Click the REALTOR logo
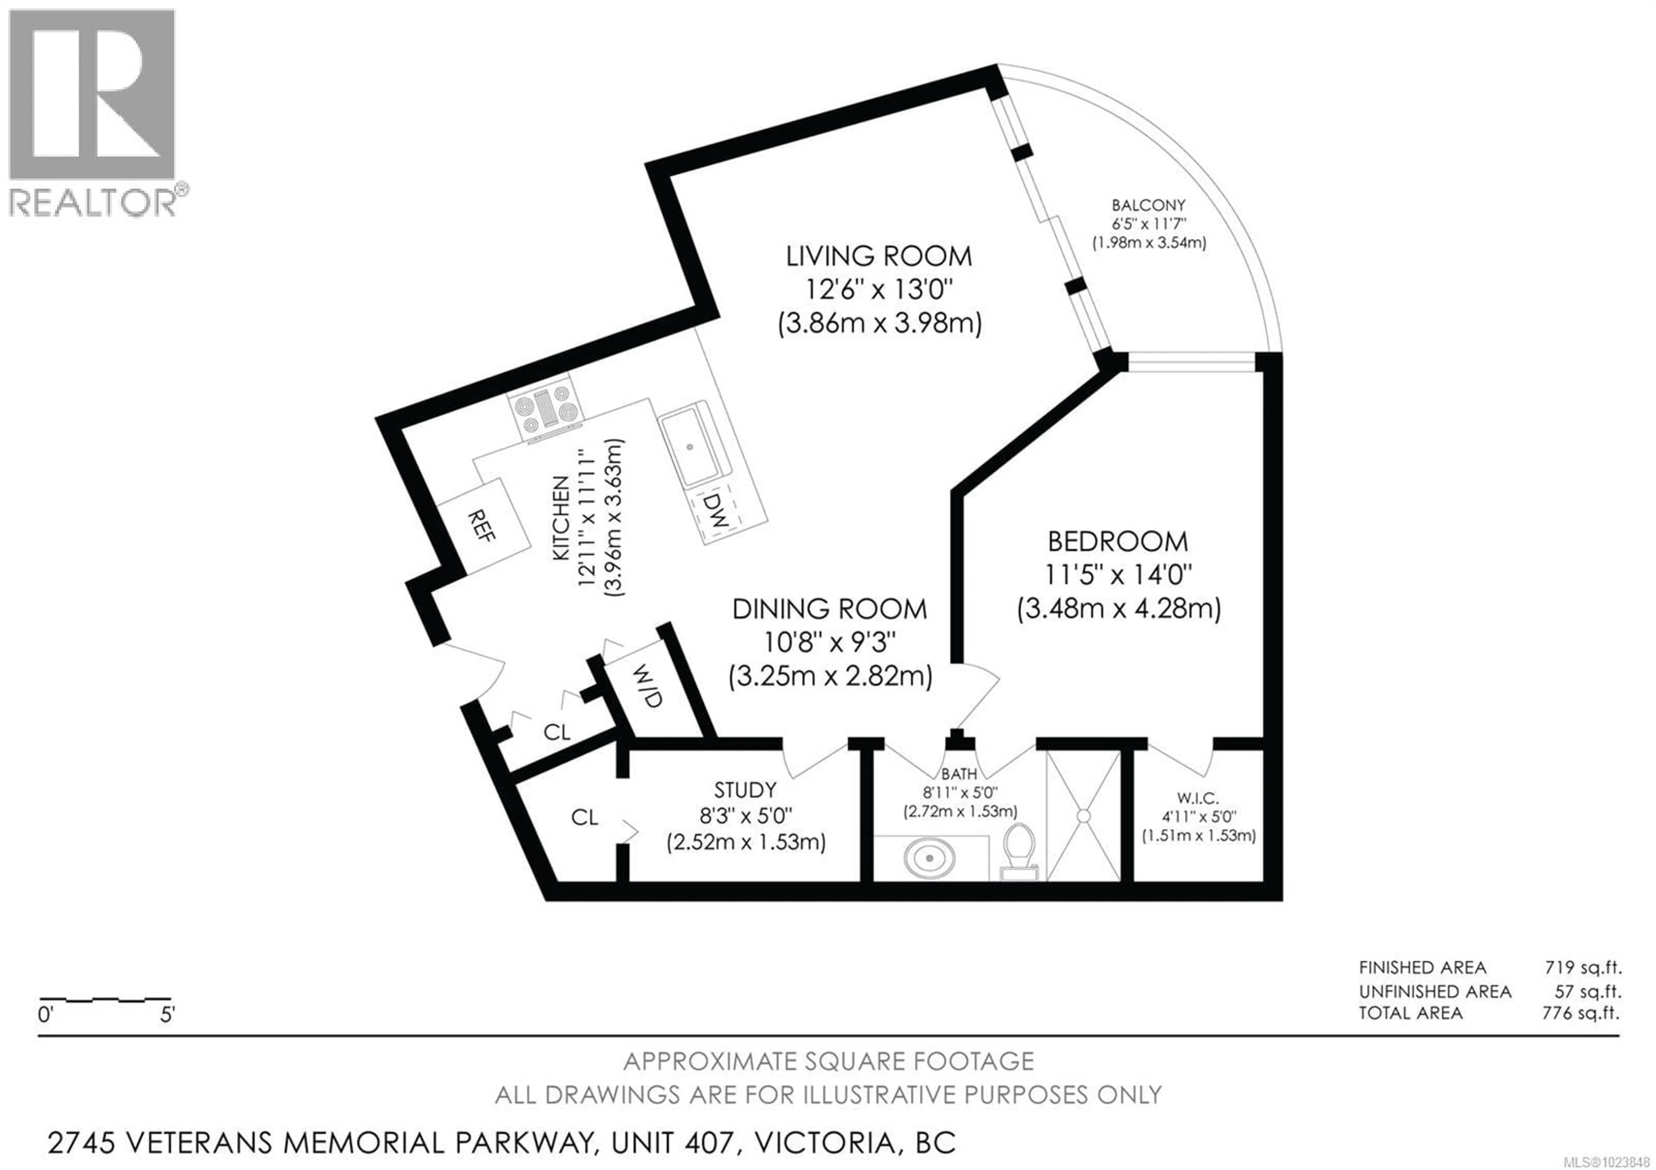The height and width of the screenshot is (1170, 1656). [x=92, y=112]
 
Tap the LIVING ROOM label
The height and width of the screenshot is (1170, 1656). [x=878, y=256]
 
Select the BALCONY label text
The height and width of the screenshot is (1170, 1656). [x=1148, y=206]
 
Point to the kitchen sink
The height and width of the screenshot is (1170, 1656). [x=690, y=447]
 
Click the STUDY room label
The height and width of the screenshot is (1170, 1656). [x=745, y=790]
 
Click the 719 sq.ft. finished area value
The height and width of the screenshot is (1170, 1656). [x=1582, y=968]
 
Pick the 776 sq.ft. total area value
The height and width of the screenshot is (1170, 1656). [x=1580, y=1013]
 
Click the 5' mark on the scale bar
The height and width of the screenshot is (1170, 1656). [x=167, y=1016]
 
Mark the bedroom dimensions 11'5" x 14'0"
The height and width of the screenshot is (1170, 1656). [x=1118, y=575]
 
